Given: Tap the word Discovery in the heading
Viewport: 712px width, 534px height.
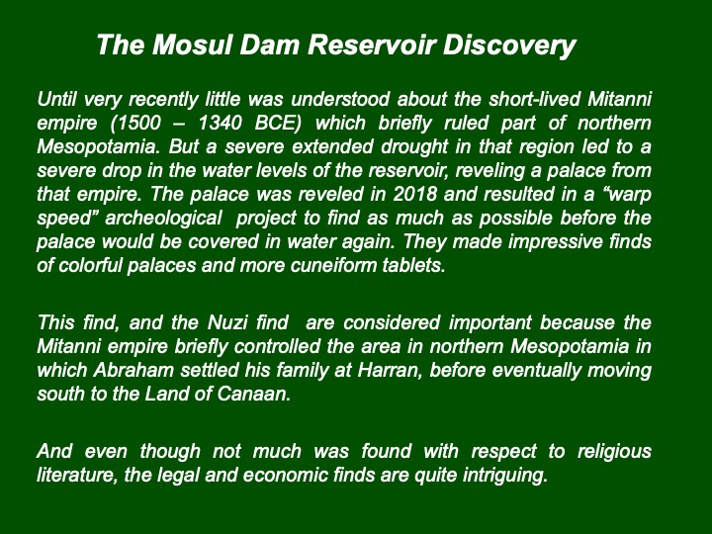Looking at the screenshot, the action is coord(509,45).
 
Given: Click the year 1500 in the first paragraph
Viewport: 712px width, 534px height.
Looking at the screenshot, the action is coord(139,123).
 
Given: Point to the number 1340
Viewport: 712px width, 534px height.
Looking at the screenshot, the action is coord(221,123).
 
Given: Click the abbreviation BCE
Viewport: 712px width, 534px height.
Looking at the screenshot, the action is coord(278,124).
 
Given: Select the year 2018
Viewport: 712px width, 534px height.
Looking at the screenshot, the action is coord(414,194).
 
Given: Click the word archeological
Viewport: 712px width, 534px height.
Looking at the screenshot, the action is coord(163,219).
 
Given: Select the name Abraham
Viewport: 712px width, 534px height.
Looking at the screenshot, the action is coord(133,370).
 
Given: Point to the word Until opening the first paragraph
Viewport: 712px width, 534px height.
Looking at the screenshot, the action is coord(56,100).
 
